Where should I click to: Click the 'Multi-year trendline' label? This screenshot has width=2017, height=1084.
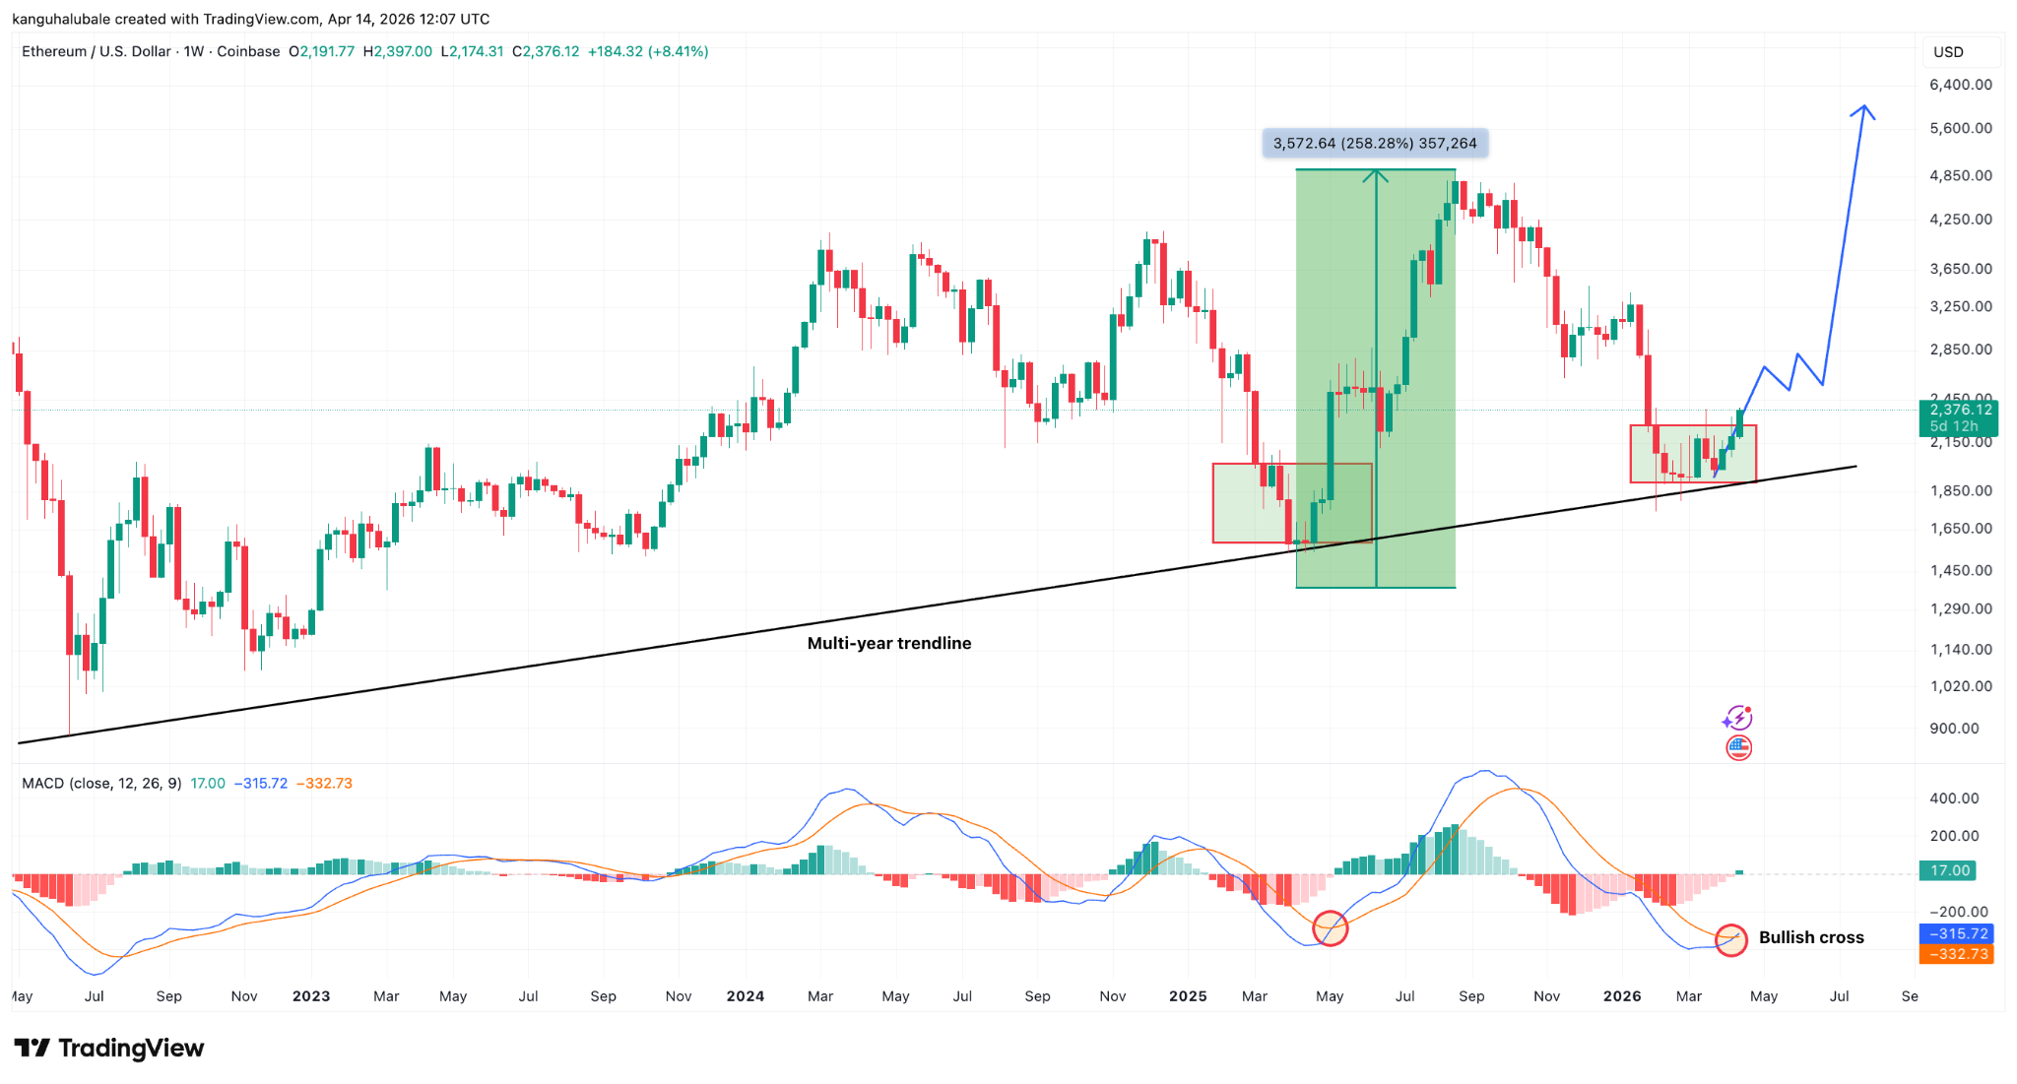(888, 643)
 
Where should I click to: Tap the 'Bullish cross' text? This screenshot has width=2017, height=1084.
(1810, 937)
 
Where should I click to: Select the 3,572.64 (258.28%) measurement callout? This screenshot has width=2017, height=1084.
(1375, 144)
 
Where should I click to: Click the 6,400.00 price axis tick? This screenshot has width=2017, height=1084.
(1960, 85)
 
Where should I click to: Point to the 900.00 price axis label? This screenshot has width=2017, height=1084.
(1954, 729)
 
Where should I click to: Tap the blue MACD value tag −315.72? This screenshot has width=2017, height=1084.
(1956, 933)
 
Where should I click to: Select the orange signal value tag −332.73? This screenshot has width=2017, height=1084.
(1956, 954)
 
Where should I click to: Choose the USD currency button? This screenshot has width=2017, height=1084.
(1948, 52)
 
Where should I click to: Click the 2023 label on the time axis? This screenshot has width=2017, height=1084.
(311, 996)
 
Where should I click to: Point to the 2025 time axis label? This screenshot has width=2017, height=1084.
(1188, 996)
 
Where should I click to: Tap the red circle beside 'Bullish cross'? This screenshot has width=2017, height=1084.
(1731, 939)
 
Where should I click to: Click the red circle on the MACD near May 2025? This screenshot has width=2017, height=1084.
(1331, 927)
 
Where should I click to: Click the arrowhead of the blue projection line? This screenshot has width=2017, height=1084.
(1862, 108)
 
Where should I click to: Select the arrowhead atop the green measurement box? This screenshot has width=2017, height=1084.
(1376, 174)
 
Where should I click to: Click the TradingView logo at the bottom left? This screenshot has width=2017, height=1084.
(108, 1048)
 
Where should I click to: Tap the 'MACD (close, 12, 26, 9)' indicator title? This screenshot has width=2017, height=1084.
(101, 784)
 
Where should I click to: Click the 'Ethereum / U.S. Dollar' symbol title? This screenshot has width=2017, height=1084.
(97, 51)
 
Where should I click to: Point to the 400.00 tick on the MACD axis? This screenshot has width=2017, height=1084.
(1954, 798)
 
